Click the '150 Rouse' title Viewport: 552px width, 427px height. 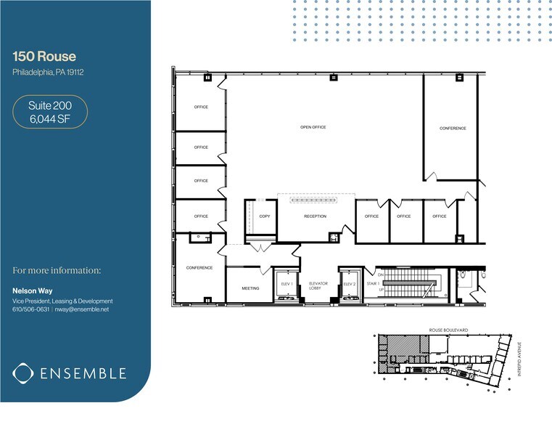point(44,57)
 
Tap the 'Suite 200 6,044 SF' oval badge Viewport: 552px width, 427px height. point(50,113)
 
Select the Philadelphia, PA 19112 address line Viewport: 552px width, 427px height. point(48,72)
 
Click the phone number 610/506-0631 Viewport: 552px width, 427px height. point(30,309)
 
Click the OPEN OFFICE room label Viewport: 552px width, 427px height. point(313,127)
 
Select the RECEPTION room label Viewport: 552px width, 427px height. point(315,216)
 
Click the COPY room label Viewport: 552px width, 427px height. point(264,216)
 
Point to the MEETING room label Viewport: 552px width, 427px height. point(250,288)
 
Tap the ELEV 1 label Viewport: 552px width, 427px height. point(285,283)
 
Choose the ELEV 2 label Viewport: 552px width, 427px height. point(349,283)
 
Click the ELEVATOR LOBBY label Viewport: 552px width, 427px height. point(318,285)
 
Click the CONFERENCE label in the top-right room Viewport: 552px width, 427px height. point(453,129)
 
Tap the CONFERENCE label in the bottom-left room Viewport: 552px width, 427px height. point(199,268)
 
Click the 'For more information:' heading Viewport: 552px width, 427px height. point(57,271)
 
